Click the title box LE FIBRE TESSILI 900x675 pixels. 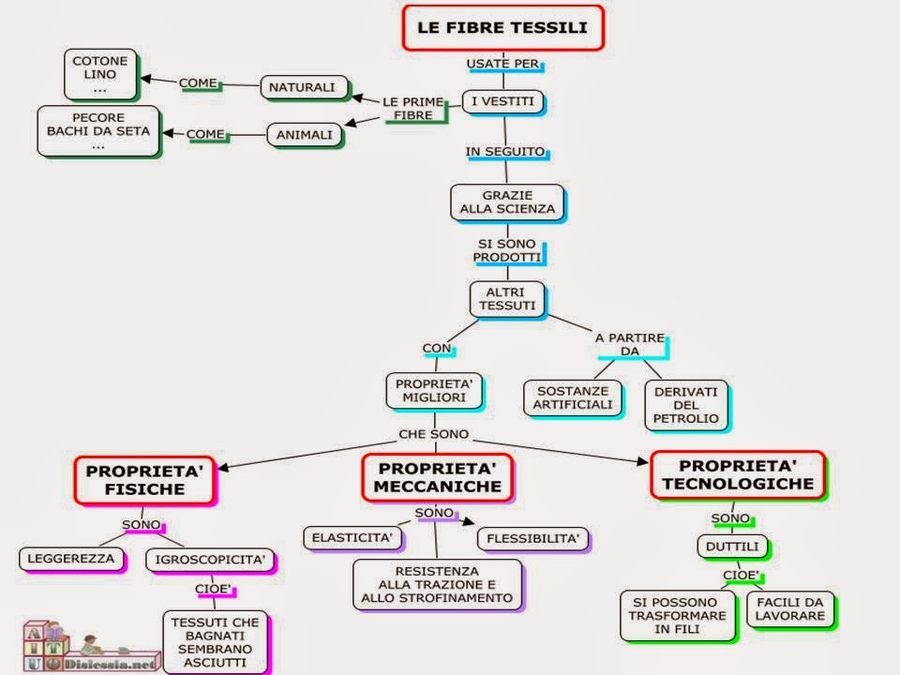[x=502, y=27]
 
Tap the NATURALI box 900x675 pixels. [x=302, y=87]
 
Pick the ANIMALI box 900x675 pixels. [x=305, y=135]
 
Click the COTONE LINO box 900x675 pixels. [x=100, y=73]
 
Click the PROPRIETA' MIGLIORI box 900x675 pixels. [x=432, y=389]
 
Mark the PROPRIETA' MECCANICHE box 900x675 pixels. [x=437, y=476]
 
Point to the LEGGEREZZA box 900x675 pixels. [x=71, y=559]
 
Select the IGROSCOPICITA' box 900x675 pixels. [x=210, y=561]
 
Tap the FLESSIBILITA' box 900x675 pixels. [x=533, y=538]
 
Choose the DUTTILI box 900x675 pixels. [x=732, y=546]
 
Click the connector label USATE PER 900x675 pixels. [x=504, y=64]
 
